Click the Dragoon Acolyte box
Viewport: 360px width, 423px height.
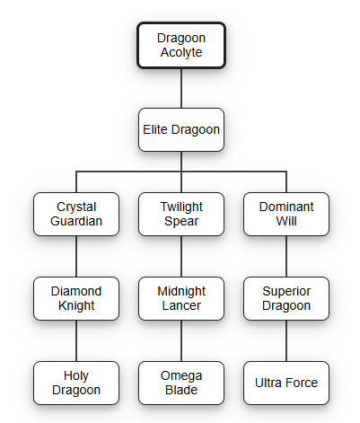coord(181,45)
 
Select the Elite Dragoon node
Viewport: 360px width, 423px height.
coord(181,129)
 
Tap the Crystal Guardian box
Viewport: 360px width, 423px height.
coord(76,214)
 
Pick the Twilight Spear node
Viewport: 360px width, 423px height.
coord(181,214)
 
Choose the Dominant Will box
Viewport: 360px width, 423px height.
coord(286,214)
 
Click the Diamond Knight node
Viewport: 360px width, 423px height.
coord(76,298)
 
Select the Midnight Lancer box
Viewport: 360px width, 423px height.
coord(181,298)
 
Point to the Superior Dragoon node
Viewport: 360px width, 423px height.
coord(286,298)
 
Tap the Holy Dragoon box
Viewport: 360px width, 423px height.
coord(76,383)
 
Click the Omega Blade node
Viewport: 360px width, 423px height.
coord(181,383)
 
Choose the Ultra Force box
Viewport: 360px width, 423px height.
coord(286,383)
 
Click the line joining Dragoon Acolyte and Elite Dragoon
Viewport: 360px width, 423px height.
coord(181,88)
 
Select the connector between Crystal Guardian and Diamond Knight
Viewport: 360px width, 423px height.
coord(76,256)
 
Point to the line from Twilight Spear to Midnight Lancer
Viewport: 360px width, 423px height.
coord(181,256)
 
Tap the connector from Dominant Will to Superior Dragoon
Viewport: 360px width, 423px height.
coord(286,256)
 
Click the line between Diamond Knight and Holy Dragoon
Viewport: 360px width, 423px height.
coord(76,340)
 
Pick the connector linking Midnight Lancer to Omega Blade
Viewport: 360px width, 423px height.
coord(181,340)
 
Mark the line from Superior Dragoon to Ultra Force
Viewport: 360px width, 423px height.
coord(286,340)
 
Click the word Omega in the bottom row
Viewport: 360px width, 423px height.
coord(181,376)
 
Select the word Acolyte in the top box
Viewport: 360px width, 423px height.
coord(181,53)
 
